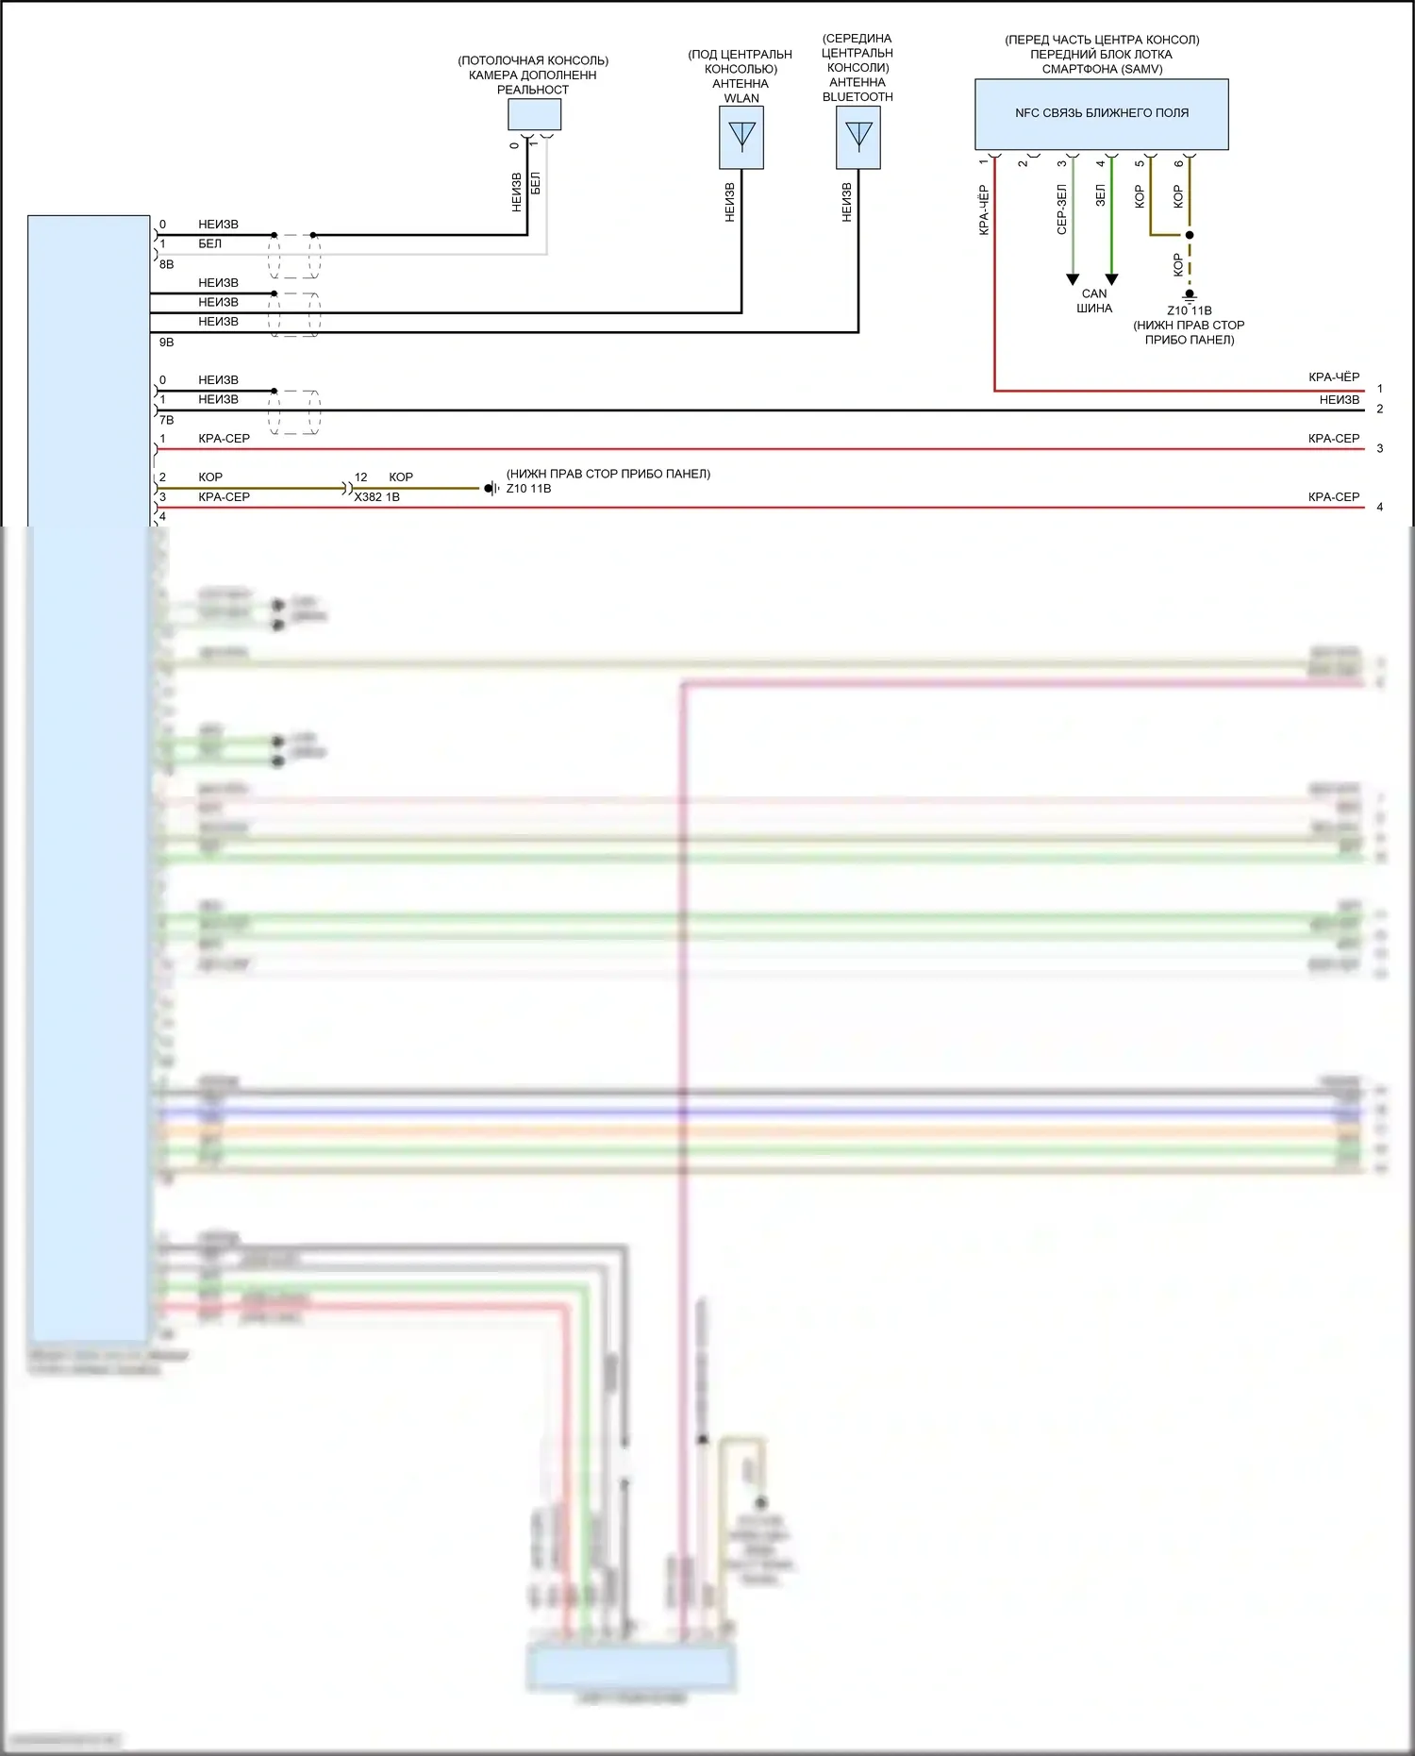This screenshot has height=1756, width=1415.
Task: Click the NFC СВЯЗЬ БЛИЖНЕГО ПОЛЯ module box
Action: click(1101, 114)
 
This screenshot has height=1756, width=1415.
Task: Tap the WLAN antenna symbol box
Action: click(741, 138)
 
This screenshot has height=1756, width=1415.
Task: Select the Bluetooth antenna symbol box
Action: click(858, 138)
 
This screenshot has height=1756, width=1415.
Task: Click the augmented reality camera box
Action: click(534, 114)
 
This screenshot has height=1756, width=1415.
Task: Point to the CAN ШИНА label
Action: click(1094, 301)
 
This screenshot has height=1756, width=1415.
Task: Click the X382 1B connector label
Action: click(376, 497)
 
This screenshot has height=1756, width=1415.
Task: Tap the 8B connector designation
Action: click(166, 265)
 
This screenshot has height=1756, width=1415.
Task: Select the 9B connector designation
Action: click(166, 343)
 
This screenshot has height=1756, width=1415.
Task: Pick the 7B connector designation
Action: click(166, 420)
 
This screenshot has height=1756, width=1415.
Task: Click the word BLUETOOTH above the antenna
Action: click(857, 97)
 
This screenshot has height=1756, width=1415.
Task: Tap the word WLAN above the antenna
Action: click(741, 98)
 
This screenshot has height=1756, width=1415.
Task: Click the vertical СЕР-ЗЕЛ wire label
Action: click(1061, 209)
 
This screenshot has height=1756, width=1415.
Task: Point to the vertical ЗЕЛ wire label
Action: click(1100, 196)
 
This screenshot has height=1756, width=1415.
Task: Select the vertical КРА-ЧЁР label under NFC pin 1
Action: click(984, 210)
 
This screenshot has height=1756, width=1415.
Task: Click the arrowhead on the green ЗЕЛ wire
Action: click(1111, 279)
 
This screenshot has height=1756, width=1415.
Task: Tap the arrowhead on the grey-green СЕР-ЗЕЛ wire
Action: click(1073, 279)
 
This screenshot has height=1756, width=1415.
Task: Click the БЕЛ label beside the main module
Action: click(209, 244)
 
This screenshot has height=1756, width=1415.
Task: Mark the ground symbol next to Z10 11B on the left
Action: click(491, 489)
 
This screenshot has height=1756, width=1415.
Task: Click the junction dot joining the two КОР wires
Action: click(1190, 235)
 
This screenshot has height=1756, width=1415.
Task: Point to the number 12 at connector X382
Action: click(360, 477)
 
